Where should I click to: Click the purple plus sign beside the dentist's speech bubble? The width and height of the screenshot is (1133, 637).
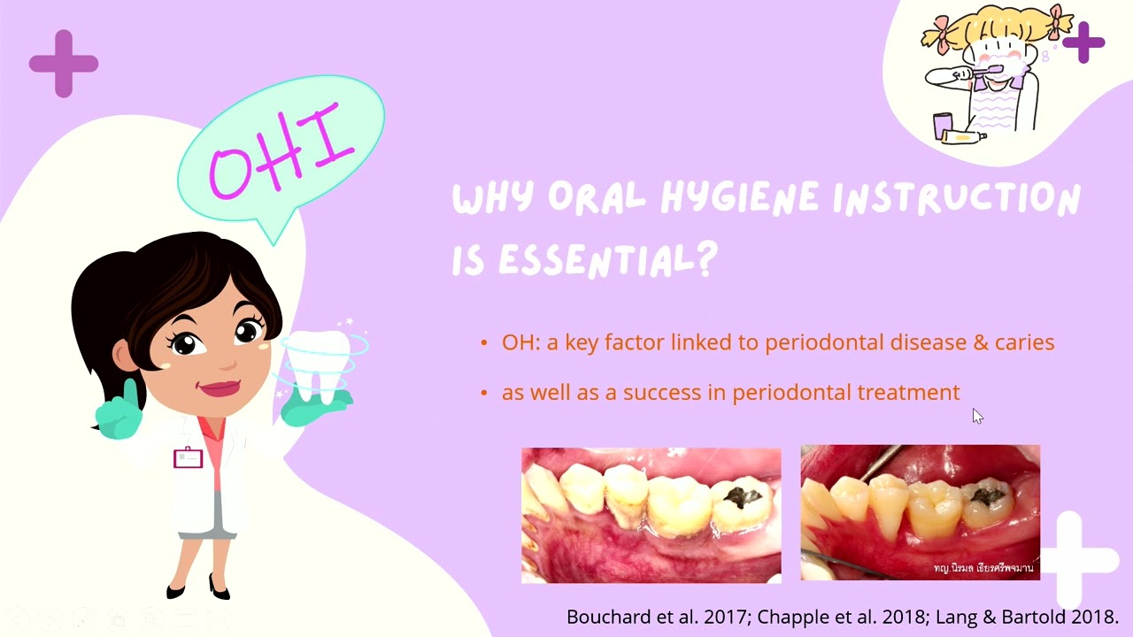click(x=64, y=64)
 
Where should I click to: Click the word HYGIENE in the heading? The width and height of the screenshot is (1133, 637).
click(x=739, y=198)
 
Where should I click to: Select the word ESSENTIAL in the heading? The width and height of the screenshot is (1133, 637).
click(x=597, y=261)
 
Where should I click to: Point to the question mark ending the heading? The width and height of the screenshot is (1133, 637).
click(x=707, y=259)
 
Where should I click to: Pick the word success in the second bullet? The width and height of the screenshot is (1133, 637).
click(x=664, y=393)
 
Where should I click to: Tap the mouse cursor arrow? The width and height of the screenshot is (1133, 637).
click(x=977, y=416)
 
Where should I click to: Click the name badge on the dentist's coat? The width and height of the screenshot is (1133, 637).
click(x=189, y=458)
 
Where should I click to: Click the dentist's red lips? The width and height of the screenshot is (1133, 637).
click(x=220, y=388)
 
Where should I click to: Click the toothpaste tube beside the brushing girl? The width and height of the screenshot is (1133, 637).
click(x=962, y=136)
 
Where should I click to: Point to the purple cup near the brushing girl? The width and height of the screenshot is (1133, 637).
click(x=943, y=126)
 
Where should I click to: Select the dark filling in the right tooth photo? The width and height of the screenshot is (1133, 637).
click(x=987, y=497)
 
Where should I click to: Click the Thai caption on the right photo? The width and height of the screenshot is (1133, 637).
click(x=983, y=568)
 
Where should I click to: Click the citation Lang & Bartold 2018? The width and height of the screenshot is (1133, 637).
click(x=1027, y=617)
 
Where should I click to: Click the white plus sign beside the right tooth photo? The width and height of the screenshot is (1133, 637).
click(x=1075, y=559)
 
